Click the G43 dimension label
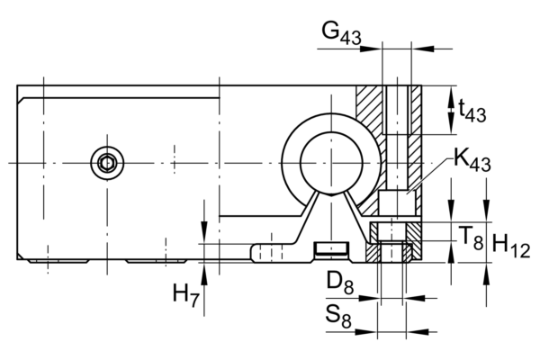(341, 32)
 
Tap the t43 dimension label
(472, 110)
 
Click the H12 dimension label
(511, 246)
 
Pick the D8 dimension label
(340, 283)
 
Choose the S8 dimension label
(338, 317)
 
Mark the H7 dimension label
(186, 295)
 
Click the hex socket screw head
(107, 163)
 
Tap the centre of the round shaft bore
(331, 163)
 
